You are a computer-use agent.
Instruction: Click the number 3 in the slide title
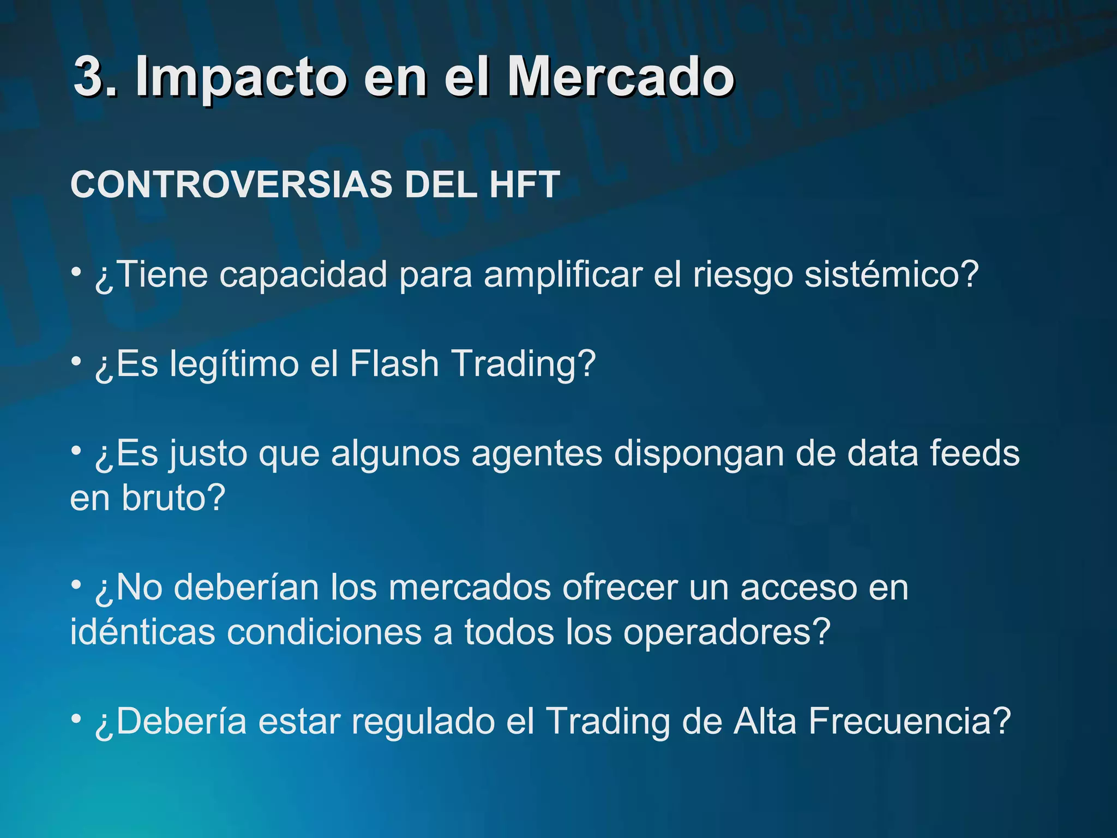click(x=89, y=76)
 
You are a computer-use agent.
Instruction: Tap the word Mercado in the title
click(x=621, y=76)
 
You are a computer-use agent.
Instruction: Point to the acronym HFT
click(x=525, y=184)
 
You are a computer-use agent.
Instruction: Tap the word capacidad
click(x=303, y=274)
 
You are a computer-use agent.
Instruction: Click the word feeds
click(x=975, y=453)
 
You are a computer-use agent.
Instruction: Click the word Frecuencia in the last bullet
click(x=910, y=721)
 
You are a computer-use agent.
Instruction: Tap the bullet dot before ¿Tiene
click(x=77, y=271)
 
